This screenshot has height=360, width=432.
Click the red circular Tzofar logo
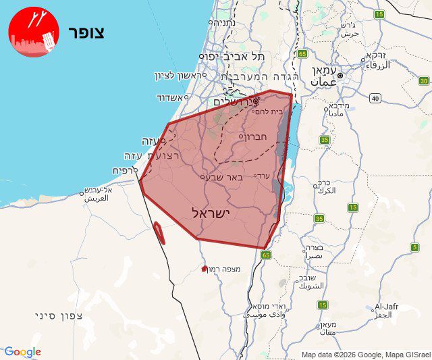point(34,32)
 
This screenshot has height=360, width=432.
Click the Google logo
point(22,352)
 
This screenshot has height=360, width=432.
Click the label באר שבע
point(217,177)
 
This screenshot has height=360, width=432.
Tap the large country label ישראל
point(211,213)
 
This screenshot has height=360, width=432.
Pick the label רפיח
point(126,172)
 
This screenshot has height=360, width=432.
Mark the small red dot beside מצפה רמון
point(205,269)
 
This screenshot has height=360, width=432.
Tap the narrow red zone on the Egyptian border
point(159,233)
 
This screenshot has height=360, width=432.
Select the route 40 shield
point(375,99)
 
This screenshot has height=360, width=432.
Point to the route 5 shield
point(414,247)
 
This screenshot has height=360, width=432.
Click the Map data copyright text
point(365,355)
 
